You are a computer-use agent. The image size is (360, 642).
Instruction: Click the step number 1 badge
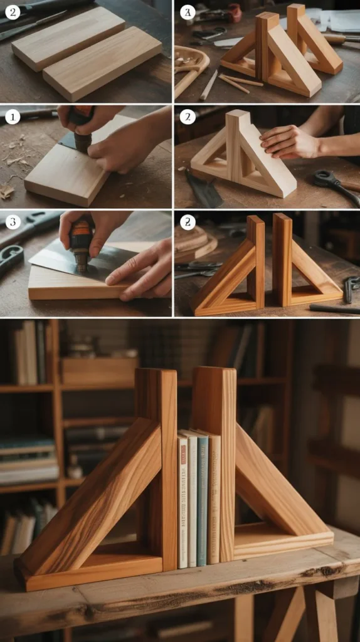tap(13, 117)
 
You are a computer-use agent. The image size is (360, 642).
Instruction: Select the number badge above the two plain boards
tap(13, 12)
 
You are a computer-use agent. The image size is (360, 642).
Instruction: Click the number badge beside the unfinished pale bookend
tap(187, 117)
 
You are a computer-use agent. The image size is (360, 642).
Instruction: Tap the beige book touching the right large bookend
tap(214, 498)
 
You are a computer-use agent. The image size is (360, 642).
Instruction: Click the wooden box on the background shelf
tap(98, 371)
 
